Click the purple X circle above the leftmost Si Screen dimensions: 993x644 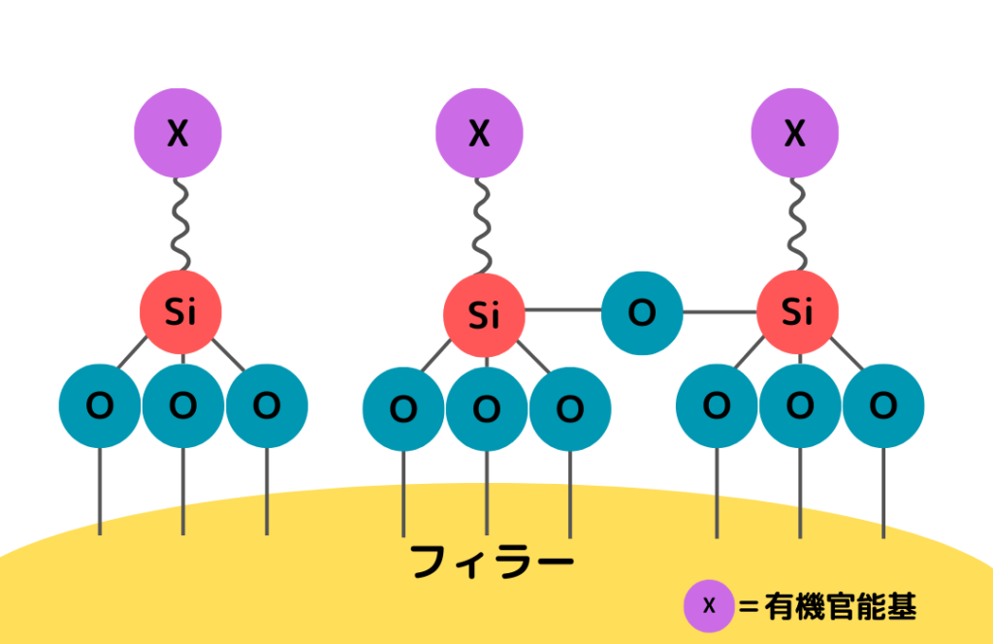point(178,133)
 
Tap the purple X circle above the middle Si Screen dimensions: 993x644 point(479,133)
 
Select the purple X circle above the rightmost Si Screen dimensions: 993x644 point(795,133)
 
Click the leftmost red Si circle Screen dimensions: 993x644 point(180,311)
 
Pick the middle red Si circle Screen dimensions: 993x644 point(484,314)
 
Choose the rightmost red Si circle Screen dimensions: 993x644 point(797,311)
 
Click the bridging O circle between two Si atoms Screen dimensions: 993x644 point(642,313)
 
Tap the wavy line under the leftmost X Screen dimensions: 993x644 point(181,224)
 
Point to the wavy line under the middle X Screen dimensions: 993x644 point(483,225)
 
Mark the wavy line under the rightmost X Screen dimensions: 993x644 point(797,224)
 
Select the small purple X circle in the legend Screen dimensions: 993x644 point(709,606)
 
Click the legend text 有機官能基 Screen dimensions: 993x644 point(841,606)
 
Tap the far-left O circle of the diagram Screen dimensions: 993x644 point(100,405)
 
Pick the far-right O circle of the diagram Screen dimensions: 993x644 point(883,405)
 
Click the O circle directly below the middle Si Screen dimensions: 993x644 point(487,409)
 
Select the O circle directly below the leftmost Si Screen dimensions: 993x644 point(183,405)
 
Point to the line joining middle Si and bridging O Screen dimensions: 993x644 point(563,309)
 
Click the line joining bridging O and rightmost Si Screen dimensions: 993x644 point(721,311)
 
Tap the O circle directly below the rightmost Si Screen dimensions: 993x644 point(800,405)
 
